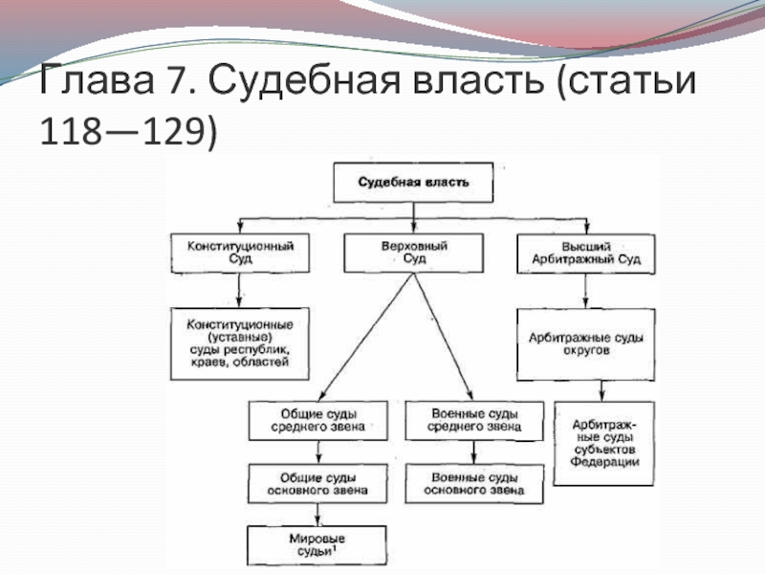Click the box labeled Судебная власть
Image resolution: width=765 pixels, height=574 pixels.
click(x=413, y=183)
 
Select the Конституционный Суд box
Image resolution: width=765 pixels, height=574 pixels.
click(x=240, y=253)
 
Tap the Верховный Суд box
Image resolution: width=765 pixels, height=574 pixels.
click(x=414, y=253)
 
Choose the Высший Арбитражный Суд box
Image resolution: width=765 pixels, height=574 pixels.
click(x=586, y=254)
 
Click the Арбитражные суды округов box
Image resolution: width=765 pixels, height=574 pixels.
click(x=586, y=344)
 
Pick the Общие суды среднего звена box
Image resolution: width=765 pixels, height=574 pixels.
click(x=318, y=421)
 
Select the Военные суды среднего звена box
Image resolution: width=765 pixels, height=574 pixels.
click(x=474, y=421)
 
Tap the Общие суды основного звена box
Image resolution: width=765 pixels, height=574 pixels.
click(x=317, y=484)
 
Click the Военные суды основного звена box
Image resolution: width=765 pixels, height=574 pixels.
click(x=474, y=484)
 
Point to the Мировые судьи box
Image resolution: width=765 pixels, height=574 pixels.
click(x=317, y=545)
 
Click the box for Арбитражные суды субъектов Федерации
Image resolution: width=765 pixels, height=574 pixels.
click(x=604, y=444)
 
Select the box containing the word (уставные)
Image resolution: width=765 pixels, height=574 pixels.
click(x=240, y=343)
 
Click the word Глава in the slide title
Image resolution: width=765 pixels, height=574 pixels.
click(x=97, y=79)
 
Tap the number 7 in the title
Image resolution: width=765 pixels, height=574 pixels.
click(x=178, y=79)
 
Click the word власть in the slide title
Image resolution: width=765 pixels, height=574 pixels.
click(x=477, y=79)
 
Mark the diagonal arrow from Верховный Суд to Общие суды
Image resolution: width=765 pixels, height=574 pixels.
click(x=366, y=337)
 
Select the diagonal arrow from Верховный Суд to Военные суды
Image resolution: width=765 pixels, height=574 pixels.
click(x=444, y=337)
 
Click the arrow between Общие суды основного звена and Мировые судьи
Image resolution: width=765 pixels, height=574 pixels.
click(x=317, y=515)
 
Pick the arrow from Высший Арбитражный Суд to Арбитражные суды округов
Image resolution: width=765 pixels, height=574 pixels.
click(x=585, y=291)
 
